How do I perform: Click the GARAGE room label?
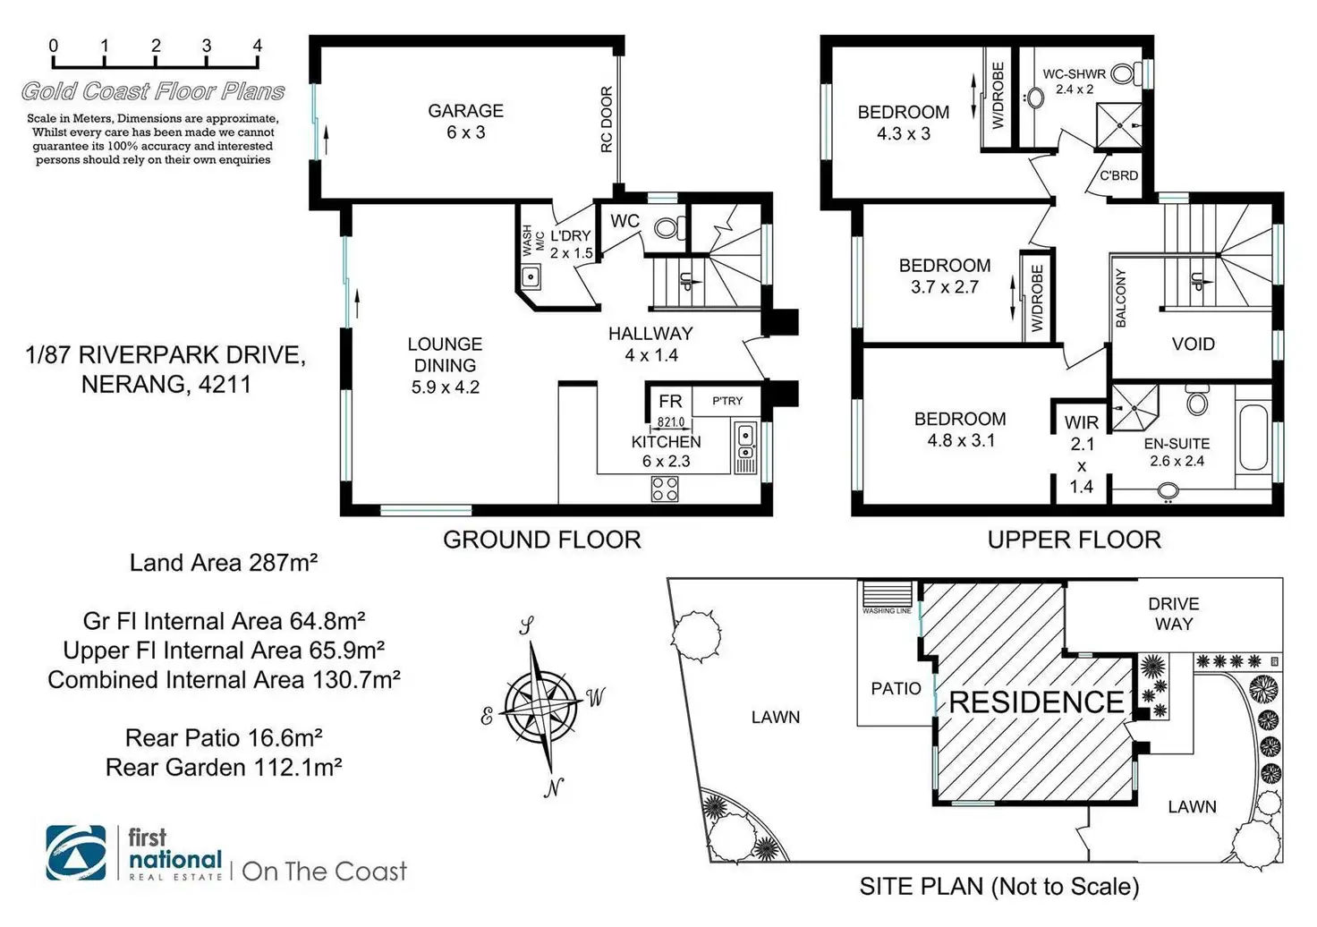click(465, 111)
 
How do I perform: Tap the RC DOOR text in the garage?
click(606, 119)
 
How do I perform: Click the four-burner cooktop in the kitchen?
click(665, 489)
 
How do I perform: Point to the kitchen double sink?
click(745, 447)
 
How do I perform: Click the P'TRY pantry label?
click(726, 401)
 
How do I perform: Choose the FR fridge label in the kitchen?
click(670, 402)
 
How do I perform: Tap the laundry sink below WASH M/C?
click(531, 276)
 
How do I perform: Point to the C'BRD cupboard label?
click(1118, 175)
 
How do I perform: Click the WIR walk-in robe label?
click(1082, 422)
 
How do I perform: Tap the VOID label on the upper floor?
click(1193, 344)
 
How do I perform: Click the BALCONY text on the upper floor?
click(1121, 298)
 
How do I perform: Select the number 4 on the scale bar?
click(258, 46)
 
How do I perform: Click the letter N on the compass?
click(554, 787)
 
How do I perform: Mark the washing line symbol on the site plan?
click(887, 596)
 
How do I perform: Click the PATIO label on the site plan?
click(896, 688)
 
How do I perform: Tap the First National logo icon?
click(76, 853)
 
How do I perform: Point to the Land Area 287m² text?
click(224, 563)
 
